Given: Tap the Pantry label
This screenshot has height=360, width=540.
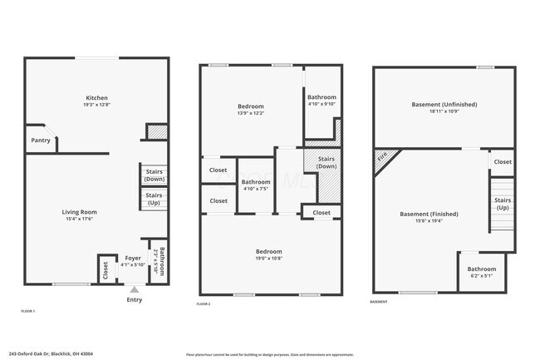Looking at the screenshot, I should [41, 141].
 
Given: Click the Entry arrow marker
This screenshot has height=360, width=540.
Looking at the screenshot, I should [134, 289].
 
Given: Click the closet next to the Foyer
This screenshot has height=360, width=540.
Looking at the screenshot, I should [106, 269].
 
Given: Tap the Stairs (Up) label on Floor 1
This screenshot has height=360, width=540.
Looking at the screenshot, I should [154, 200].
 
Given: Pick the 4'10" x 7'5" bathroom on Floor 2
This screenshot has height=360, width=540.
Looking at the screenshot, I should [255, 185].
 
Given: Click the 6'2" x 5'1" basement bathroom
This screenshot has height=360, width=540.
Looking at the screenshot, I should [481, 273].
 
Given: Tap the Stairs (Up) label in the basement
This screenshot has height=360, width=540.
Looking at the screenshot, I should [503, 204].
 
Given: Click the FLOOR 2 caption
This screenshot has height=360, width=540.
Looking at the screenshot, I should [204, 305].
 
